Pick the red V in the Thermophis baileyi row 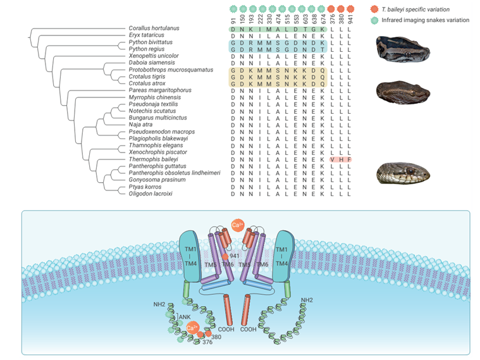click(333, 159)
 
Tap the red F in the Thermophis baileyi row click(350, 159)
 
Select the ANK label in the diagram click(185, 316)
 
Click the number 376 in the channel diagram click(207, 342)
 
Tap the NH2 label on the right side click(307, 300)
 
